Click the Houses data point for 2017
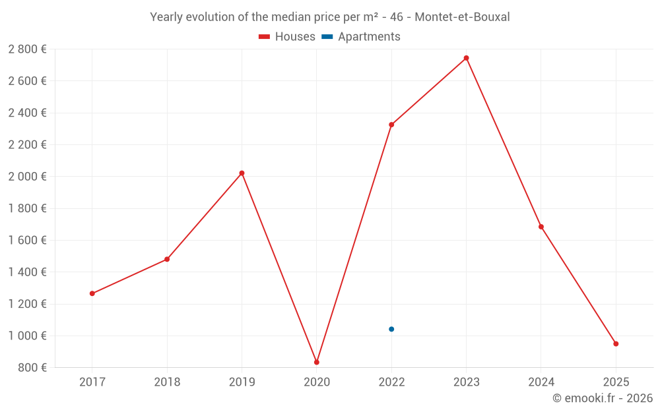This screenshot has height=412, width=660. tap(92, 293)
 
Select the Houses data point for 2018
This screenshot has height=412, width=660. tap(167, 259)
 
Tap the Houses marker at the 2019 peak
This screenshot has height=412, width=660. tap(242, 173)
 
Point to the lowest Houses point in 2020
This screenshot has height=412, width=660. tap(317, 362)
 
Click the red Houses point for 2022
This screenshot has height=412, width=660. tap(391, 125)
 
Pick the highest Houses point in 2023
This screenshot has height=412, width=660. tap(466, 58)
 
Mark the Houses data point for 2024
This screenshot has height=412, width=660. tap(541, 227)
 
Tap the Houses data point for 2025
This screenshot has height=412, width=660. tap(616, 343)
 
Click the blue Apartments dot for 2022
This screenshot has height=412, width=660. tap(391, 329)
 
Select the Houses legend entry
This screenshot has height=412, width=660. tap(287, 37)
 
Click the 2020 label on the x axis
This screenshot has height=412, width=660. tap(317, 382)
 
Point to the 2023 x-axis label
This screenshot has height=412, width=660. tap(466, 382)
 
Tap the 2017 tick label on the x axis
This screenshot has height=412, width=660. tap(92, 382)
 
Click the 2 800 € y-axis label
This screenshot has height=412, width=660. tap(27, 49)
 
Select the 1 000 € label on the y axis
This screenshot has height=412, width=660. tap(27, 336)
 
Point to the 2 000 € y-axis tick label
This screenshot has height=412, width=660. tap(27, 177)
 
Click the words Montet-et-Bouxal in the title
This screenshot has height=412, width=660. tap(462, 17)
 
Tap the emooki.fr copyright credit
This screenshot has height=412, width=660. tap(602, 398)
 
